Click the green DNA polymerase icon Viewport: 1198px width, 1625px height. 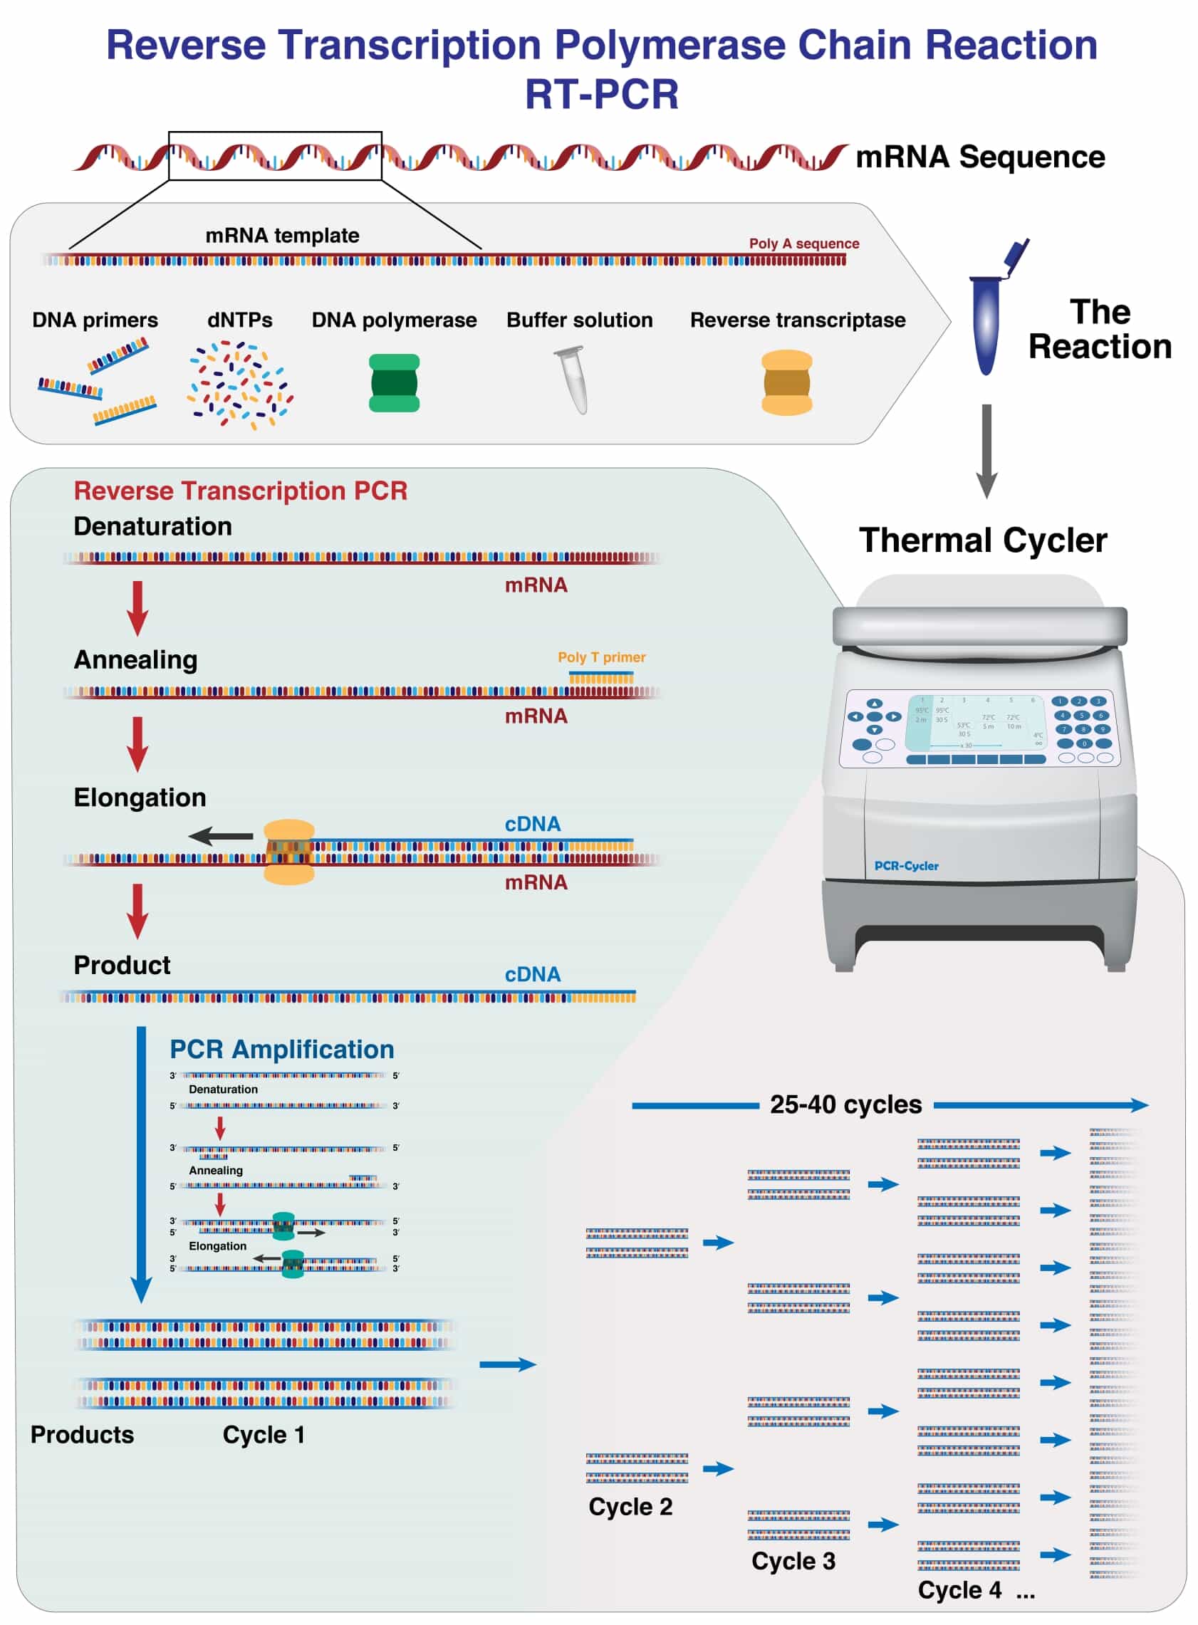394,383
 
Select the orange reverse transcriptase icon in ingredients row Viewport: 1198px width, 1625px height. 786,382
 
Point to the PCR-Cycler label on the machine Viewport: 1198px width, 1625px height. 906,866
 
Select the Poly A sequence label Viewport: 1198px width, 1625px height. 803,244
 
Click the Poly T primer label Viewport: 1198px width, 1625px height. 601,657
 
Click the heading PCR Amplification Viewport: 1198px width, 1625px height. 281,1049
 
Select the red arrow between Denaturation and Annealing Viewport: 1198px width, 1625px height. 137,607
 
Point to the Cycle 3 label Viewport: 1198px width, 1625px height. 793,1560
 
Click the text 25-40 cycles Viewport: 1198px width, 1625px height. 845,1104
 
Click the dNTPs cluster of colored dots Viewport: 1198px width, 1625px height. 240,385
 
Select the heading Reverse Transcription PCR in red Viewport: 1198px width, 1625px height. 240,491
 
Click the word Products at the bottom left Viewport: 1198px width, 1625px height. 82,1434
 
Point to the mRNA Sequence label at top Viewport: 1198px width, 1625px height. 980,157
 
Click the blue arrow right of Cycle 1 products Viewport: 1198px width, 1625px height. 508,1364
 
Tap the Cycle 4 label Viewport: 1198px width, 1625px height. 959,1589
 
